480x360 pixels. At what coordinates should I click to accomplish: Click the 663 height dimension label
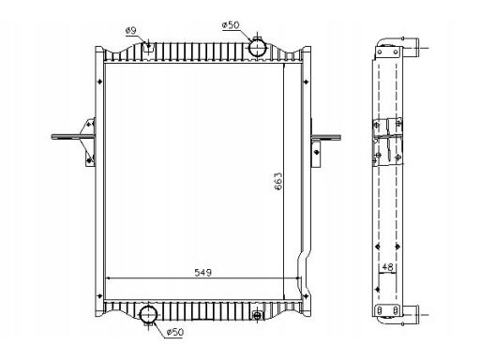tap(277, 181)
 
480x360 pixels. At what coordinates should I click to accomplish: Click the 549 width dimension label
tap(203, 273)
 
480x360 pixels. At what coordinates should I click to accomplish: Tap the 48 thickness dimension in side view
tap(387, 267)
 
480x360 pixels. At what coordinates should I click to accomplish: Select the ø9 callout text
tap(131, 31)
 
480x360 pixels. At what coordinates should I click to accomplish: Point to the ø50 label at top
tap(231, 25)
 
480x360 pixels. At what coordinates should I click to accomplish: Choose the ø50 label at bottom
tap(175, 332)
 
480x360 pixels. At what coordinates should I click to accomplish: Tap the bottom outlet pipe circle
tap(148, 315)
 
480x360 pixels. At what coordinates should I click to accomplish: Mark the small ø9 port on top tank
tap(148, 47)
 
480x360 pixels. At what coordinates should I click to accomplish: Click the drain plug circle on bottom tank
tap(257, 315)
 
